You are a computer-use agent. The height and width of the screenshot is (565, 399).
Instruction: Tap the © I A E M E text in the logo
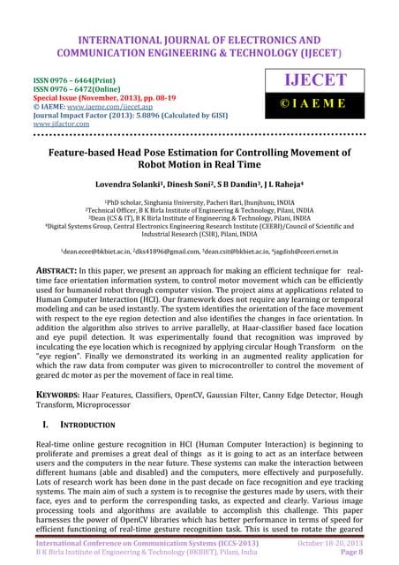pos(316,113)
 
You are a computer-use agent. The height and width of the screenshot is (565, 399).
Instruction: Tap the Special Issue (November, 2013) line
pos(92,95)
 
